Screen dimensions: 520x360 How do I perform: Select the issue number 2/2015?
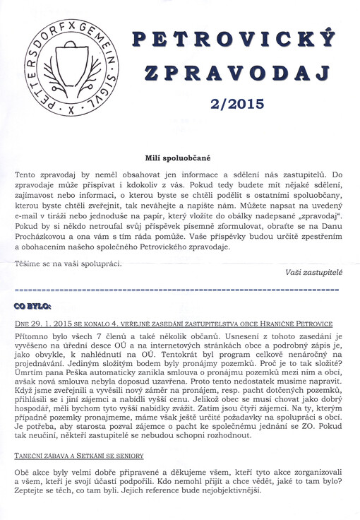pos(238,105)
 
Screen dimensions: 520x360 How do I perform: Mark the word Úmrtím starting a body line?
pos(30,380)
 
